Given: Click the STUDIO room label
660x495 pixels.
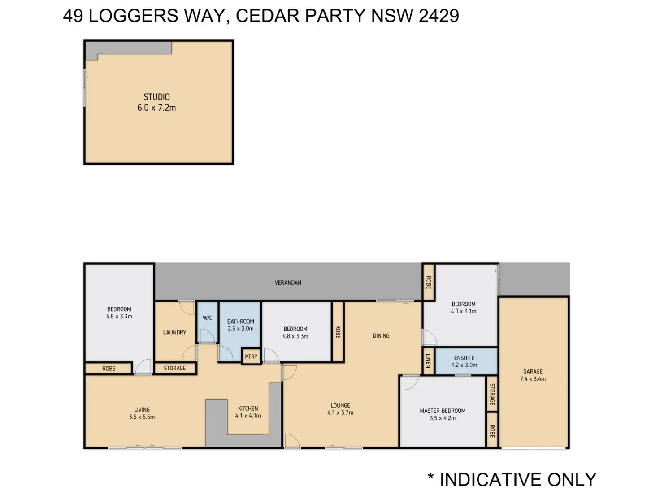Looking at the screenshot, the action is coord(156,97).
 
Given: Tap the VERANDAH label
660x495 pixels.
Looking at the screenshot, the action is coord(288,282).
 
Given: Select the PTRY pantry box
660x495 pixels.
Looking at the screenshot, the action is coord(251,356).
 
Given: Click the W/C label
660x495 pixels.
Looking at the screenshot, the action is coord(207,318).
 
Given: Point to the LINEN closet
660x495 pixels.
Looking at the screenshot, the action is coord(429,361).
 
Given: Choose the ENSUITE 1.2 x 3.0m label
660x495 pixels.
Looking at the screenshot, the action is coord(464,361).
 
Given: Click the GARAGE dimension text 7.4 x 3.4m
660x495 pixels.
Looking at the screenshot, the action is coord(533,379).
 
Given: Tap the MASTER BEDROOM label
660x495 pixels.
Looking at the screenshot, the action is coord(443,411).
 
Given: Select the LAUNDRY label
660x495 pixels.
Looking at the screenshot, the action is coord(174,332).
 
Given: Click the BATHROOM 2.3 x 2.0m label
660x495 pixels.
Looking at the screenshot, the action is coord(240,325).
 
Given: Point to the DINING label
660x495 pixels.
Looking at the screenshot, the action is coord(381,336).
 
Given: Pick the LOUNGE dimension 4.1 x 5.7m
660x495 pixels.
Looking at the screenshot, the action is coord(340,412).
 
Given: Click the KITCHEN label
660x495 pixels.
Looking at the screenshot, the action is coord(248,408).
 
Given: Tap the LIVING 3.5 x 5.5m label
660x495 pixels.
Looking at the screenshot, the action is coord(142,413).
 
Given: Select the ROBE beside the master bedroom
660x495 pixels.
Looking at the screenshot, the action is coord(492,431).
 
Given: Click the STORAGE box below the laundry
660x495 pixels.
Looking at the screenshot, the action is coord(175,368).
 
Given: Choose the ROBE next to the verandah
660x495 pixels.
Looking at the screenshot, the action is coord(429,282).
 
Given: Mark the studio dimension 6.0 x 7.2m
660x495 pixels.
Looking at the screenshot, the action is coord(156,108).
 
